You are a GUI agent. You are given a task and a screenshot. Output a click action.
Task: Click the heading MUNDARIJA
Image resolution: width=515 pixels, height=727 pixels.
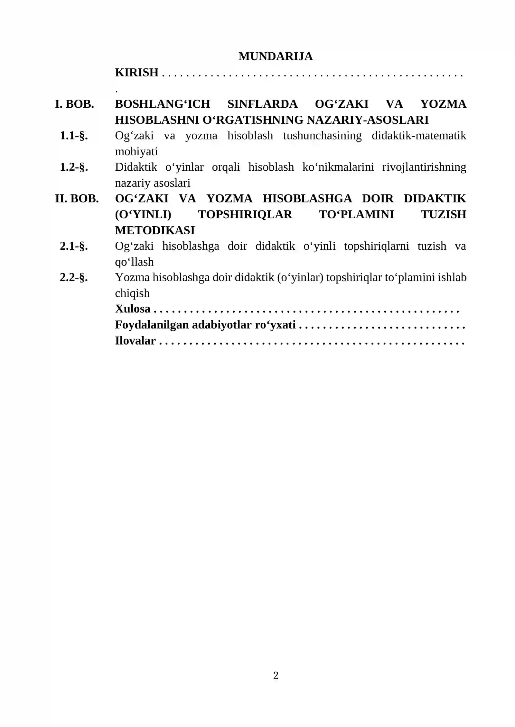[275, 56]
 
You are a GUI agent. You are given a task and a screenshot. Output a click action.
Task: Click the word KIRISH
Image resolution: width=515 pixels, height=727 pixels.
[137, 73]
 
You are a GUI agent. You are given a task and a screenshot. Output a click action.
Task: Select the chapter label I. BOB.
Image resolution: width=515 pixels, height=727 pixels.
[74, 104]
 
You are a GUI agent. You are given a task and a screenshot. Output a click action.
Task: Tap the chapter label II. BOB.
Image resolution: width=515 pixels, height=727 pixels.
[77, 199]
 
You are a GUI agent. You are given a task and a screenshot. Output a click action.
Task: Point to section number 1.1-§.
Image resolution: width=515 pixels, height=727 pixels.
[74, 136]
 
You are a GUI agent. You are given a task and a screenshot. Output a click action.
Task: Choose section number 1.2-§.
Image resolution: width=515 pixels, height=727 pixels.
[74, 167]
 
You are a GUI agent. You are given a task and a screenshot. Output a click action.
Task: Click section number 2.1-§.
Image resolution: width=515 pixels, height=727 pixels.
[74, 246]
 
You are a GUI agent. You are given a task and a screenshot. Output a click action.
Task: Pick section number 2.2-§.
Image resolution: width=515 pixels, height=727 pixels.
[74, 277]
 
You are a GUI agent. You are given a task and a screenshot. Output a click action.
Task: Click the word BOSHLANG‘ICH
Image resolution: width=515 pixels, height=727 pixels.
[163, 104]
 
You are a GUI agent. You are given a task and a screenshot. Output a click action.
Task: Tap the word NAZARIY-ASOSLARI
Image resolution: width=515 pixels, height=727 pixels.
[368, 120]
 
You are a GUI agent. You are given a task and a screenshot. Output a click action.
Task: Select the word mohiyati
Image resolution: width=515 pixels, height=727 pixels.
[136, 151]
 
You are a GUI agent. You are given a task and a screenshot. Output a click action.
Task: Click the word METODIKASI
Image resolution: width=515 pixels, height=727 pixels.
[155, 230]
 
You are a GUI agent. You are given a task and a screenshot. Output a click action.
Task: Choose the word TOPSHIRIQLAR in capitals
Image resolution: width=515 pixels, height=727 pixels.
[245, 214]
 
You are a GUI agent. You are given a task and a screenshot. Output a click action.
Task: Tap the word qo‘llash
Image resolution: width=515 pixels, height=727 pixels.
[134, 262]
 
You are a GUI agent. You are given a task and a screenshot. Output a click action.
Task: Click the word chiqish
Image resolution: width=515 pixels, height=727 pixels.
[132, 293]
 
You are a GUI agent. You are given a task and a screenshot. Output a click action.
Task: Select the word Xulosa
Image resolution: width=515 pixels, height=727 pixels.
[133, 309]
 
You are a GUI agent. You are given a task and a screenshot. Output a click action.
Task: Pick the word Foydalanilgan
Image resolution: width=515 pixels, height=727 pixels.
[152, 325]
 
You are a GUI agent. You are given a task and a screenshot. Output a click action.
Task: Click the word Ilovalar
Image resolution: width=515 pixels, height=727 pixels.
[135, 341]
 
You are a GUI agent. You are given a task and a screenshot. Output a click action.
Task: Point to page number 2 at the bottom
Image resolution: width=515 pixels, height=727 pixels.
[276, 675]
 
